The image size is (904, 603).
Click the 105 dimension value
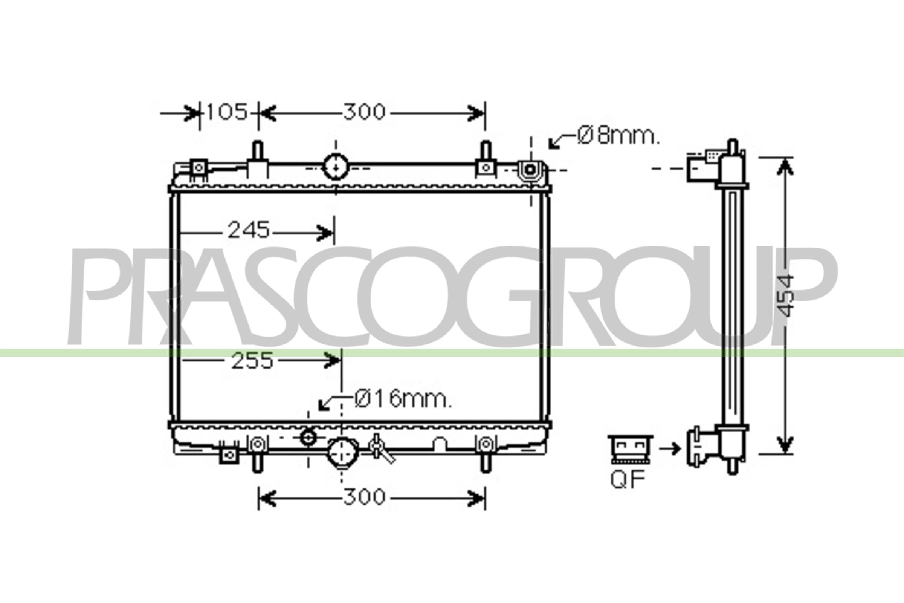tap(227, 112)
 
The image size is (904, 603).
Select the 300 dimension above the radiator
tap(363, 112)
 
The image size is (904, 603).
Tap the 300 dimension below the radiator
tap(363, 497)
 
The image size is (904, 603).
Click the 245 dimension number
tap(249, 231)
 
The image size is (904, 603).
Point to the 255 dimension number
tap(252, 361)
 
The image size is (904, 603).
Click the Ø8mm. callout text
tap(618, 136)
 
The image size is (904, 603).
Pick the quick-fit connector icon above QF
tap(630, 449)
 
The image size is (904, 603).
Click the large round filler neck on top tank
tap(336, 167)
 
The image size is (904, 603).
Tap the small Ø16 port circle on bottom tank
tap(308, 438)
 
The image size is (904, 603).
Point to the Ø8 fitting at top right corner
tap(530, 170)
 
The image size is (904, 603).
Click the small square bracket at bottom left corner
tap(229, 455)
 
